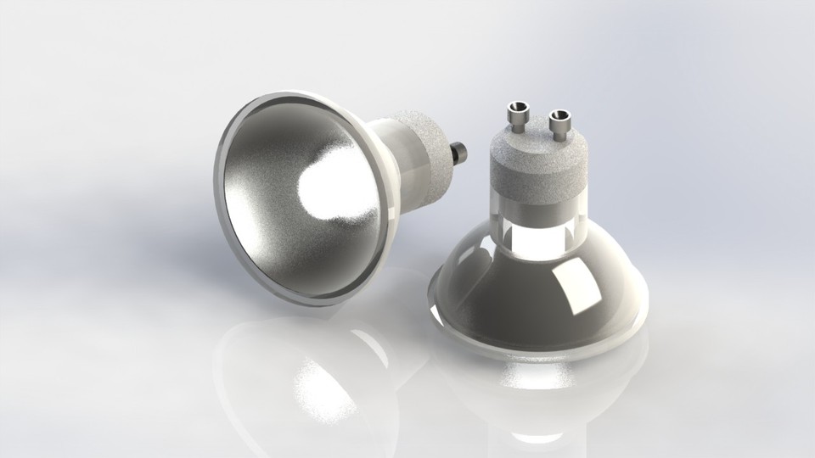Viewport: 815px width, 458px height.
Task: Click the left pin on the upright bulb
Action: tap(516, 118)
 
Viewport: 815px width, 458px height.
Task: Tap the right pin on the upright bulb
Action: tap(559, 125)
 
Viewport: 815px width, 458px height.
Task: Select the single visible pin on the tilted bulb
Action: tap(460, 154)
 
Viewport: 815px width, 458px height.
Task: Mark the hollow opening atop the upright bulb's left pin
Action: tap(516, 108)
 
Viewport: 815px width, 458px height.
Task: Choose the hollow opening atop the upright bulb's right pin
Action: tap(559, 114)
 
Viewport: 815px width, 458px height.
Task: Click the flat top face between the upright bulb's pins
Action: tap(537, 140)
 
